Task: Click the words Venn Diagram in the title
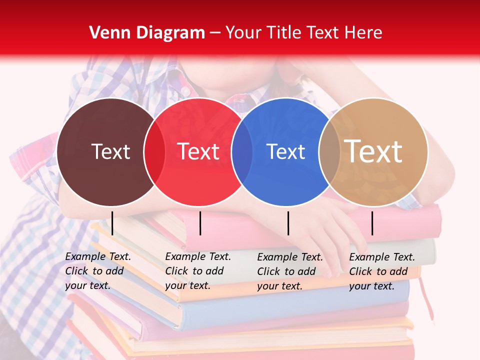click(x=147, y=33)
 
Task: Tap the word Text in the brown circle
click(x=110, y=151)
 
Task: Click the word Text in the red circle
click(x=198, y=151)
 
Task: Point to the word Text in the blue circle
click(x=285, y=151)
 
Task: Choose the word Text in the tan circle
click(x=373, y=151)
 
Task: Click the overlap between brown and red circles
click(x=154, y=151)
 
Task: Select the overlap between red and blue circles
click(x=242, y=151)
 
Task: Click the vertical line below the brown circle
click(x=112, y=223)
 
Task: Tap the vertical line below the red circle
click(x=200, y=223)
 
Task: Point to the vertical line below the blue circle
click(x=288, y=223)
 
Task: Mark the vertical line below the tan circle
click(x=372, y=223)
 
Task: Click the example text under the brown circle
click(x=97, y=271)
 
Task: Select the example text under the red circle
click(x=197, y=271)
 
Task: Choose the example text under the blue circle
click(x=289, y=271)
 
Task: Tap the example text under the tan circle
click(x=381, y=271)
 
